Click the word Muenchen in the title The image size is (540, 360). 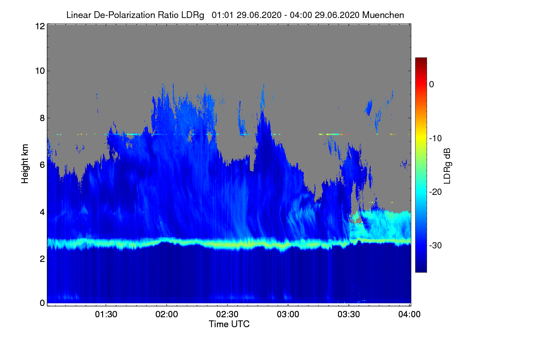coord(383,15)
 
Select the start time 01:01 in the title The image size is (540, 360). coord(222,15)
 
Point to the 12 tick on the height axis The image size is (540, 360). coord(40,26)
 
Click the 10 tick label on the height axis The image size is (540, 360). coord(40,71)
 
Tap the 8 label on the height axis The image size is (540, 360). coord(42,118)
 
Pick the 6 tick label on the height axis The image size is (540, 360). coord(42,165)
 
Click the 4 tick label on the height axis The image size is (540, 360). coord(42,212)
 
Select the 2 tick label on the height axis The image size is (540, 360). coord(42,259)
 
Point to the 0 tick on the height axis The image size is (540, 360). coord(42,303)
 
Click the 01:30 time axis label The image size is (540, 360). coord(106,314)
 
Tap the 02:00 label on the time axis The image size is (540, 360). coord(167,314)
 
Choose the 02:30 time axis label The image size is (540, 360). coord(227,314)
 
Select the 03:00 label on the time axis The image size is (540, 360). coord(288,314)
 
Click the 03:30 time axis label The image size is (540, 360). coord(349,314)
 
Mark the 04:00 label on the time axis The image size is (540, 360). coord(409,314)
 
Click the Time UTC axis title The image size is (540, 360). coord(229,324)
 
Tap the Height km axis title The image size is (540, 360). coord(25,164)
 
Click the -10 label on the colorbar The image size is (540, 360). coord(436,139)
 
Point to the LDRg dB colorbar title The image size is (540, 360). coord(447,166)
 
